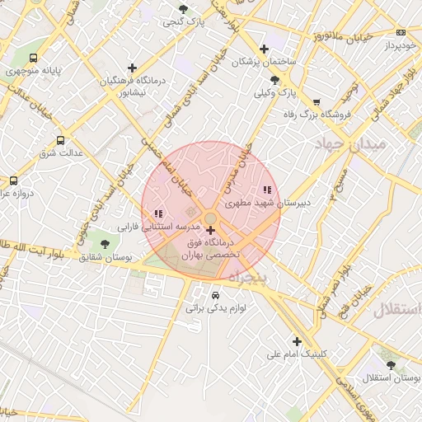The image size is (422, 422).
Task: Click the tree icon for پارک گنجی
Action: click(183, 9)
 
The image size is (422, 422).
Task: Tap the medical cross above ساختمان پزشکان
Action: click(264, 49)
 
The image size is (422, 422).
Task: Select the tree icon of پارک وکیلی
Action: click(274, 80)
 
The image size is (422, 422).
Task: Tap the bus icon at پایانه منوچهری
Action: click(33, 59)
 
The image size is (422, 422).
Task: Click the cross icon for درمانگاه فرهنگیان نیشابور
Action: click(132, 68)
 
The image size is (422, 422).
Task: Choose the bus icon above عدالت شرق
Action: click(60, 141)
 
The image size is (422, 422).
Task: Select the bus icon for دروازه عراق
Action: click(13, 181)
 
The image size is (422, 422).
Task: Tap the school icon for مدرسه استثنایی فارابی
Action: click(158, 213)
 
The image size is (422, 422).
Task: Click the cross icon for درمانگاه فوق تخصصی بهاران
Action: click(210, 230)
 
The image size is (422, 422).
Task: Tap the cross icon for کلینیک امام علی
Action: click(297, 341)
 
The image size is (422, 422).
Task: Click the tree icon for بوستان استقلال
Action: click(390, 365)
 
